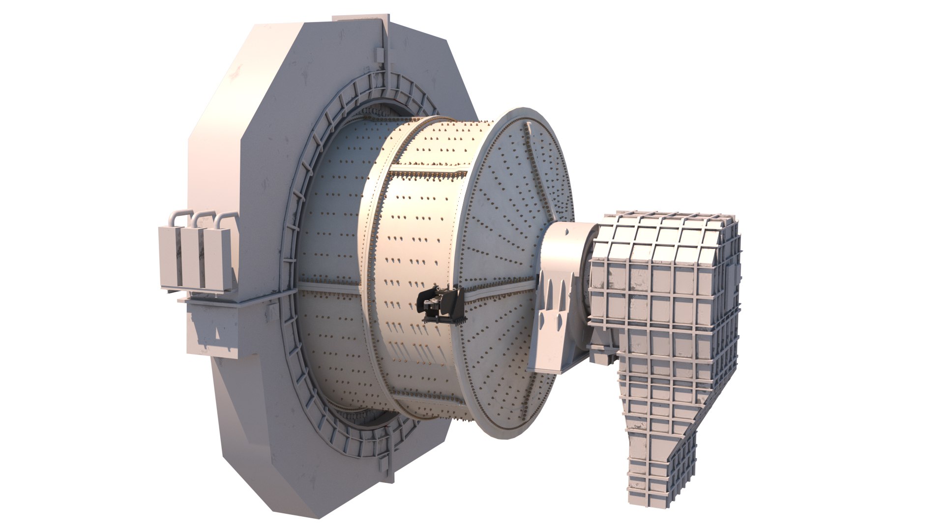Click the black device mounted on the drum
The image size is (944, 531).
pos(441,305)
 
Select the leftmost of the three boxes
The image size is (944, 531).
pos(170,258)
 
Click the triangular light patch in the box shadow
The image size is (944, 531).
pos(216,334)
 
